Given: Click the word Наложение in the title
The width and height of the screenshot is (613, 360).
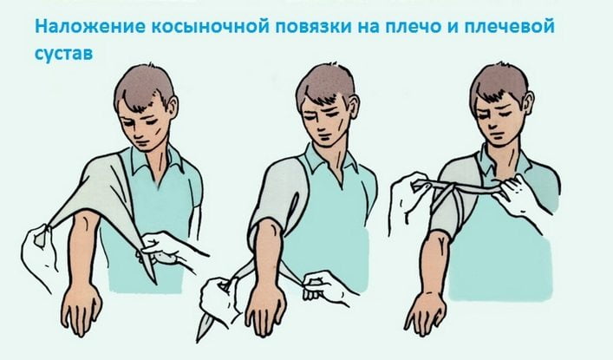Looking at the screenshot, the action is click(x=89, y=27).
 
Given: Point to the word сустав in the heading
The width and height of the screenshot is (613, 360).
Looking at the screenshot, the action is click(x=63, y=53).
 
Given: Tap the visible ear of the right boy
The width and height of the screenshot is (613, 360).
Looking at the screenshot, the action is click(x=529, y=103).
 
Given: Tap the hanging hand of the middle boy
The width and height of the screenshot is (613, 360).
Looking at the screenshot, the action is click(x=266, y=313).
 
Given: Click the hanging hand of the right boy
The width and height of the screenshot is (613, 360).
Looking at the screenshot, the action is click(x=425, y=311).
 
